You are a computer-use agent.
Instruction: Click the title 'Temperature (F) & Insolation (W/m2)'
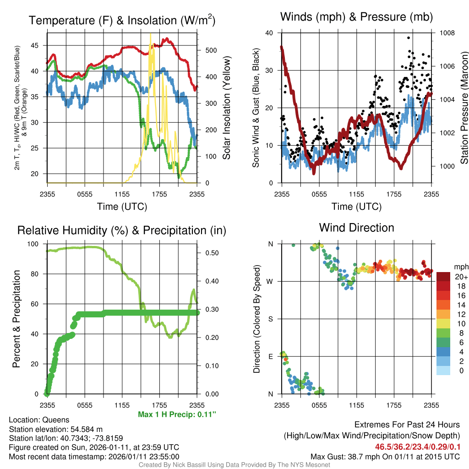pos(122,20)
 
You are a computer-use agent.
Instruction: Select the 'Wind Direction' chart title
pos(356,228)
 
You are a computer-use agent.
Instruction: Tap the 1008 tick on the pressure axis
pos(447,33)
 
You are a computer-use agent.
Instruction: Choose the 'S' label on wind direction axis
pos(270,319)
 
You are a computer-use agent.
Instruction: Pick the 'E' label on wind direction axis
pos(270,356)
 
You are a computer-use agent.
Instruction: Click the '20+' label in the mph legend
pos(461,277)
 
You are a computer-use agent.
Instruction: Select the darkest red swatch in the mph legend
pos(443,277)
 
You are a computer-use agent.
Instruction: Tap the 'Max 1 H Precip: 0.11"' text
pos(177,414)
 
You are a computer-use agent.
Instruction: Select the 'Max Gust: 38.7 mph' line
pos(385,456)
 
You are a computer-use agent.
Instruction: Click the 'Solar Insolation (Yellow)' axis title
pos(226,108)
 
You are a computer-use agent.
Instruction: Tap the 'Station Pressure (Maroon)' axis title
pos(464,108)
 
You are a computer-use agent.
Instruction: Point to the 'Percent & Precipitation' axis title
pos(16,319)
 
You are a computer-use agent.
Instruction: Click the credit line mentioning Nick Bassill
pos(234,465)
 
